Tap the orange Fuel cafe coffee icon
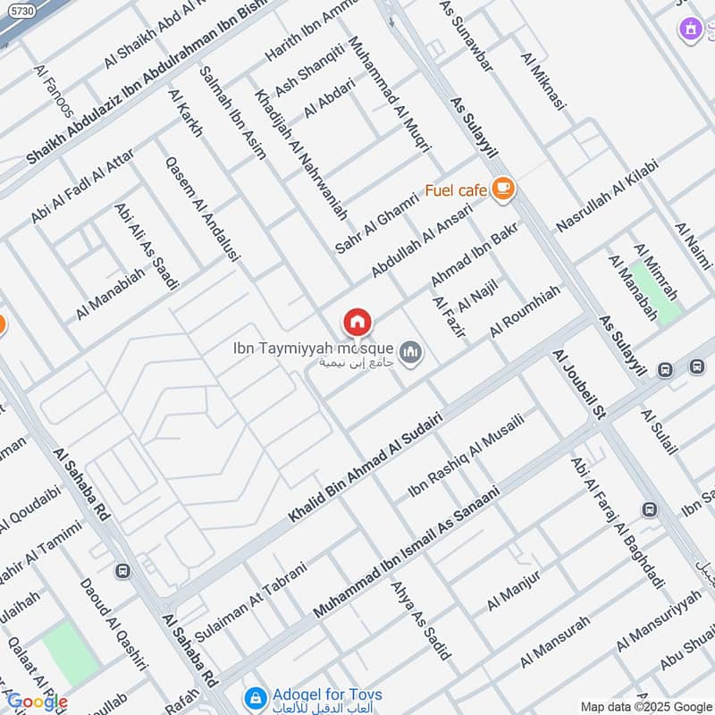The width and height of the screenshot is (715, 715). tap(503, 189)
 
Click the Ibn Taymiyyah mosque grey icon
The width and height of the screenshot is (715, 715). tap(410, 354)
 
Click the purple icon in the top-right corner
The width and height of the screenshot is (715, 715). tap(689, 29)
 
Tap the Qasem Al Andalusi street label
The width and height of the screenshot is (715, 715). tap(203, 209)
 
